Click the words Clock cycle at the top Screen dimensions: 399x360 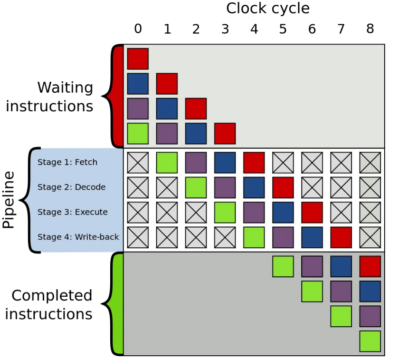point(268,9)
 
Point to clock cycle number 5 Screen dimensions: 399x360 point(283,29)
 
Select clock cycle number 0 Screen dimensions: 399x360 point(138,29)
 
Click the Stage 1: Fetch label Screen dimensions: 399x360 point(67,162)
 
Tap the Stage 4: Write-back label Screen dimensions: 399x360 point(78,237)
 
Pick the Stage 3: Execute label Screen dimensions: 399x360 point(73,212)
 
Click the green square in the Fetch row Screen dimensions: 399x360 point(167,163)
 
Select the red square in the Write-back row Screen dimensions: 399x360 point(341,237)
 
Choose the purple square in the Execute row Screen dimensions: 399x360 point(254,212)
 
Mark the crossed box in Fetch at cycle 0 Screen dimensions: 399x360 point(138,163)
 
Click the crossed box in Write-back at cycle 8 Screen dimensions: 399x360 point(370,237)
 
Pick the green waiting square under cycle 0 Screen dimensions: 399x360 point(138,134)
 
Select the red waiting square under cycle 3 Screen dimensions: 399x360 point(225,134)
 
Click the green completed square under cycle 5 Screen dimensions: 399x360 point(283,266)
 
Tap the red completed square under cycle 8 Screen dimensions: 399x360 point(370,266)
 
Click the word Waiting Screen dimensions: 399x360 point(65,88)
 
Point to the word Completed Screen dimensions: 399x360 point(52,295)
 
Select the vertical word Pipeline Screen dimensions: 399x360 point(9,200)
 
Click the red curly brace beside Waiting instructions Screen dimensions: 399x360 point(114,96)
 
